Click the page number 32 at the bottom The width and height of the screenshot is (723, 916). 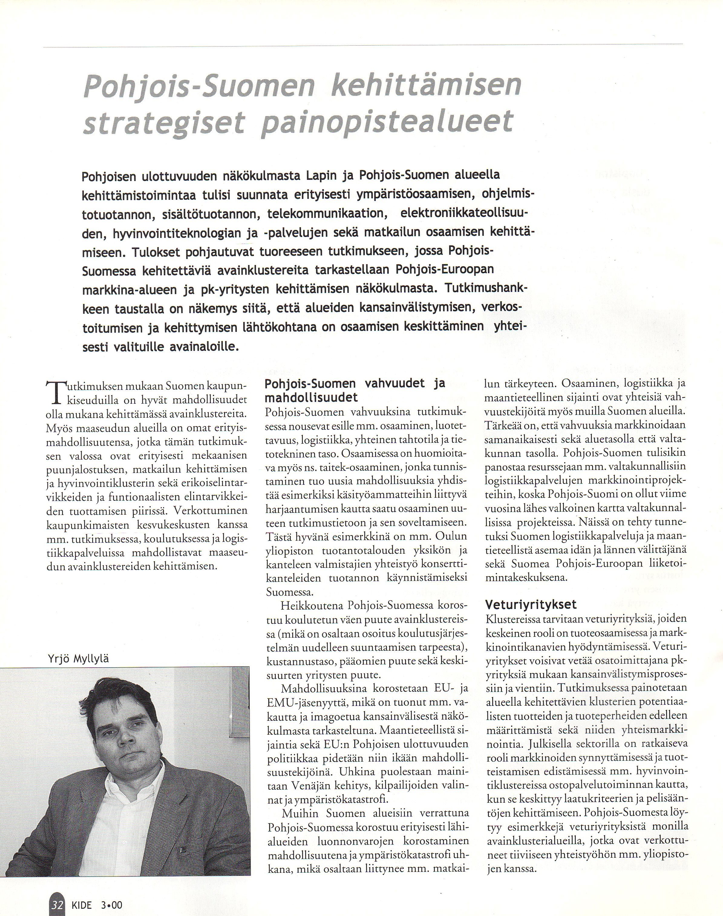coord(57,901)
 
